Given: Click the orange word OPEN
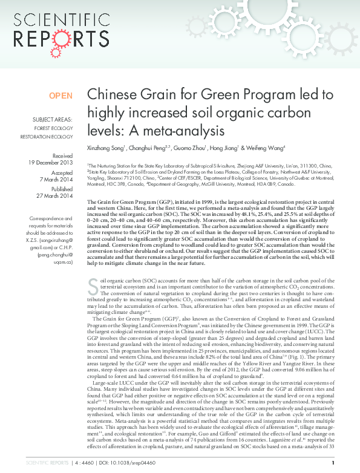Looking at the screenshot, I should [61, 96].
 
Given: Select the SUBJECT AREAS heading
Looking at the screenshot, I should [53, 120].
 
